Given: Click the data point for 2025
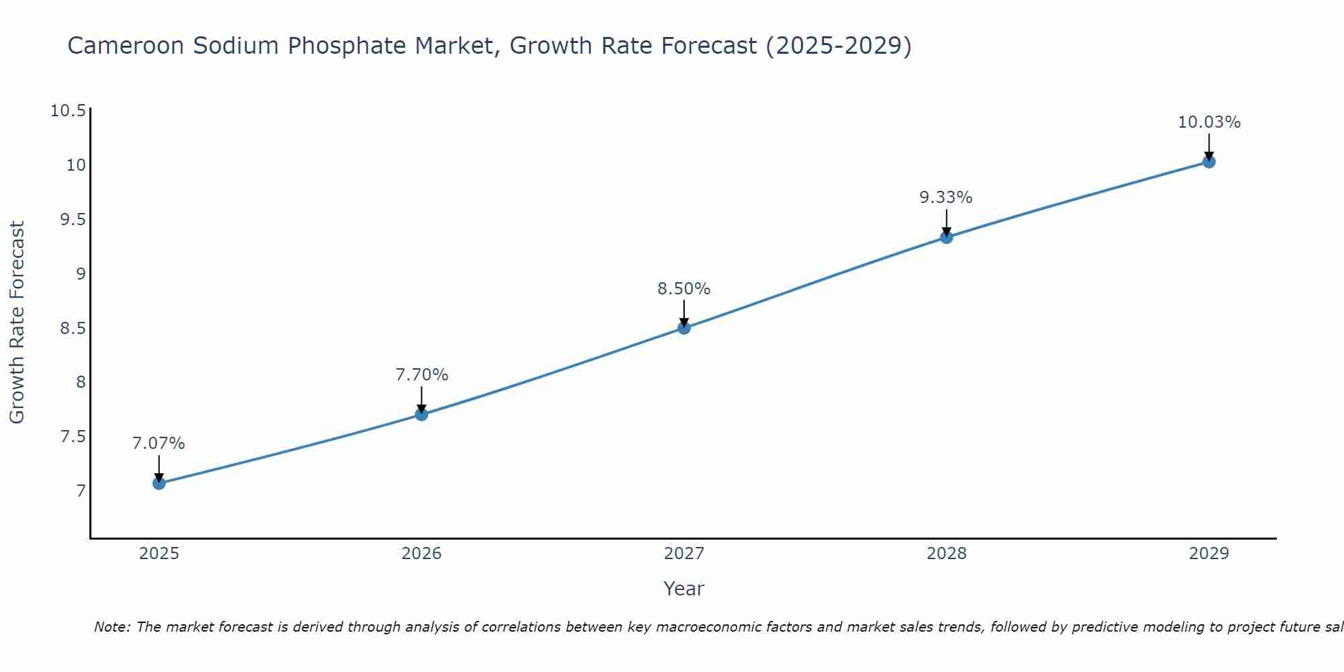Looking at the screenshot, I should (159, 483).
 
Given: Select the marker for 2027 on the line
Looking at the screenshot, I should (684, 328).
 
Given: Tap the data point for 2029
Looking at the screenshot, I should (1209, 161).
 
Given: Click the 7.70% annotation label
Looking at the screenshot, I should (421, 375).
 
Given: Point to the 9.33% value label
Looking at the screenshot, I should (946, 198).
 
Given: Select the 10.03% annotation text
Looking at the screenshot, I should (1209, 122).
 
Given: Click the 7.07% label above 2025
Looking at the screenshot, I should (159, 444).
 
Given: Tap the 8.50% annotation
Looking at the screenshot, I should (683, 289).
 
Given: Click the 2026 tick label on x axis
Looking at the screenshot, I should (421, 554).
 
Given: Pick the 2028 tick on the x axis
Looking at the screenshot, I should (946, 554).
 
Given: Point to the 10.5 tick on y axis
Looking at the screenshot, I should (69, 111).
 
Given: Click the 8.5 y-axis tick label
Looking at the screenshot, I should (73, 328).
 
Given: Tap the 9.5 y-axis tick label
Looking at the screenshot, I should (73, 220).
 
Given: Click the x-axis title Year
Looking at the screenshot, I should (683, 589).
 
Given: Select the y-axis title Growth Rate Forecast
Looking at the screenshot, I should (17, 323).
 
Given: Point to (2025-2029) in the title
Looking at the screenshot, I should (838, 46).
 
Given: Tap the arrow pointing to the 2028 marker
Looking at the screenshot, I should (946, 221).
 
